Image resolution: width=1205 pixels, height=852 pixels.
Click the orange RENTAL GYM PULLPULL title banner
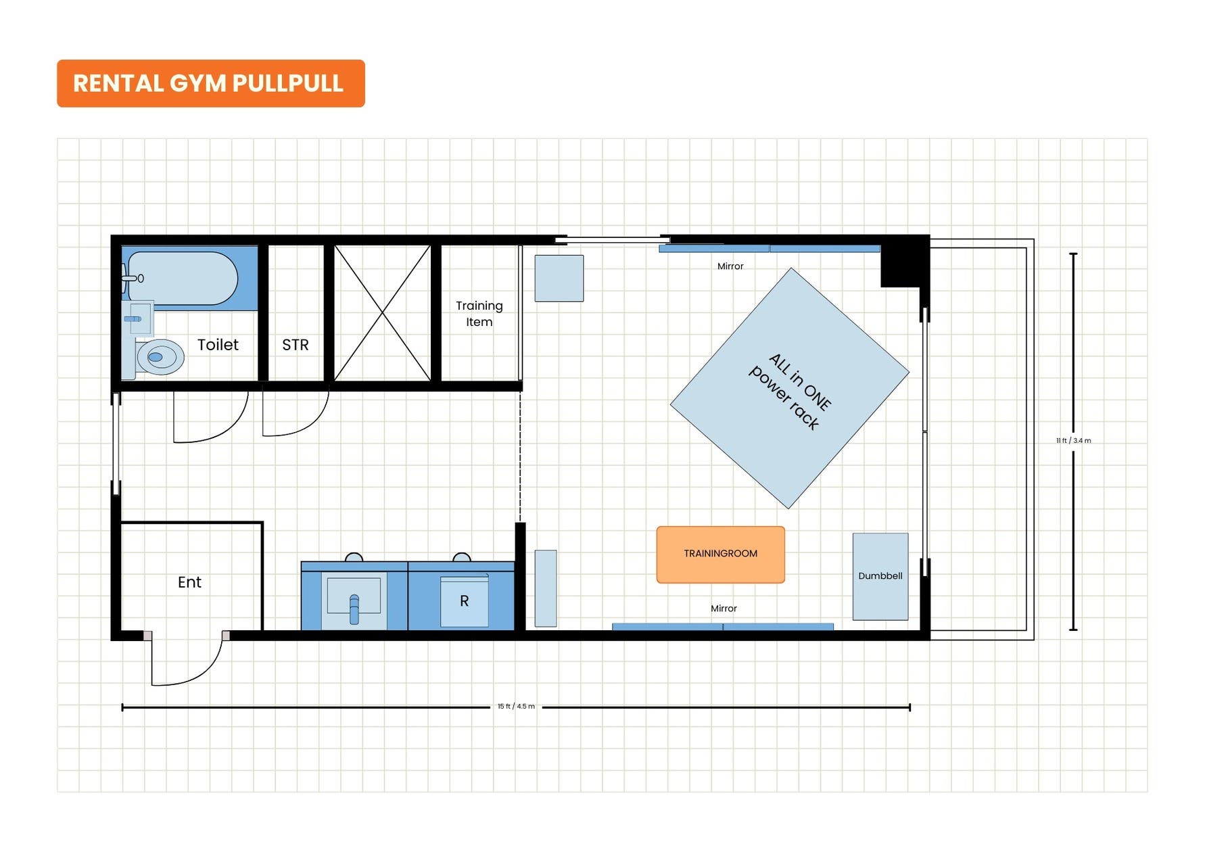pyautogui.click(x=210, y=83)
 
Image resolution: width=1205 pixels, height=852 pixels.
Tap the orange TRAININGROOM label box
pyautogui.click(x=720, y=554)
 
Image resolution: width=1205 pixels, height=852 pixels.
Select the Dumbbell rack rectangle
pyautogui.click(x=880, y=576)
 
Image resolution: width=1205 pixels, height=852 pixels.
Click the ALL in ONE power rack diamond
pyautogui.click(x=789, y=388)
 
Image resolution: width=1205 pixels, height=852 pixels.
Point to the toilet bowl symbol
pyautogui.click(x=159, y=357)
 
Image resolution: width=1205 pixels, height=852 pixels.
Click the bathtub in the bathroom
pyautogui.click(x=183, y=278)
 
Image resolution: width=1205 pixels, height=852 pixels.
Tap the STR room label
pyautogui.click(x=296, y=345)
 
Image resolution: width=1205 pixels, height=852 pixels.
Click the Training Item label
pyautogui.click(x=479, y=314)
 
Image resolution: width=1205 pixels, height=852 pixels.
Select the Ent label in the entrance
pyautogui.click(x=189, y=582)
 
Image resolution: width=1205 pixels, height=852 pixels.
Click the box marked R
pyautogui.click(x=465, y=601)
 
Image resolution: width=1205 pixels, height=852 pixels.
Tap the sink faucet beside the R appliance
pyautogui.click(x=354, y=609)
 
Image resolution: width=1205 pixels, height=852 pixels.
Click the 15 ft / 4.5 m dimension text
pyautogui.click(x=516, y=707)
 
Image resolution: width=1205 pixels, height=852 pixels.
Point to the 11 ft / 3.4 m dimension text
pyautogui.click(x=1074, y=441)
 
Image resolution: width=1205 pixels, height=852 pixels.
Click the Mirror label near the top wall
pyautogui.click(x=730, y=266)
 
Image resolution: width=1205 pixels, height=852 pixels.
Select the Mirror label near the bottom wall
pyautogui.click(x=724, y=609)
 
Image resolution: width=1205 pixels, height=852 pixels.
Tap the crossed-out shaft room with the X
pyautogui.click(x=383, y=313)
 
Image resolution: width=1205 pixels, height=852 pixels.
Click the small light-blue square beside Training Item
pyautogui.click(x=559, y=278)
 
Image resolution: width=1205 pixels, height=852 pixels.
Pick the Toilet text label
pyautogui.click(x=218, y=345)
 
